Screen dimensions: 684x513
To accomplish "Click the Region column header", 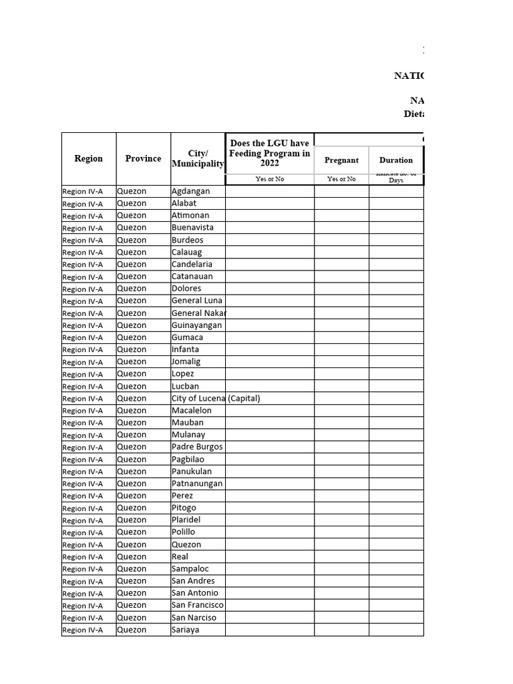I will tap(89, 158).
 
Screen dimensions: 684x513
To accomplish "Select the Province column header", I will tap(143, 158).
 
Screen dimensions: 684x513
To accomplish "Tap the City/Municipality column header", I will tap(198, 158).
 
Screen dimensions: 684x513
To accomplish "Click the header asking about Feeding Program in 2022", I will tap(269, 153).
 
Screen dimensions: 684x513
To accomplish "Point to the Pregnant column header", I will tap(341, 160).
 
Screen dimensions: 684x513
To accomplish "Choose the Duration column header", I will tap(396, 160).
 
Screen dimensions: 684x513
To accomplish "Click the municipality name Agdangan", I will tap(190, 191).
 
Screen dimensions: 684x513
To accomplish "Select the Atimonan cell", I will tap(190, 215).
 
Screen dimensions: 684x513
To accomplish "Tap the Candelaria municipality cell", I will tap(192, 264).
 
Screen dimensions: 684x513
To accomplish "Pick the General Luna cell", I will tap(196, 301).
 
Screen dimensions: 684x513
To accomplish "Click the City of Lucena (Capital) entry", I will tap(215, 398).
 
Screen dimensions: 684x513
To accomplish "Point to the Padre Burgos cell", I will tap(197, 446).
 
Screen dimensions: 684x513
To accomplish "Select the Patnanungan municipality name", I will tap(197, 483).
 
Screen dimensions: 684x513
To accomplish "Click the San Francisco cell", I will tap(197, 605).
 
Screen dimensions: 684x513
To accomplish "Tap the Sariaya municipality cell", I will tap(185, 629).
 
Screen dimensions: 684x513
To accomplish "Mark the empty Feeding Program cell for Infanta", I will tap(269, 349).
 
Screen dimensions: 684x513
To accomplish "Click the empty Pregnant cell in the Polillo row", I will tap(341, 532).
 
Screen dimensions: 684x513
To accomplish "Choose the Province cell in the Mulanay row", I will tap(143, 434).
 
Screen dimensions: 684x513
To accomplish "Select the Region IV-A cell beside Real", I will tap(89, 556).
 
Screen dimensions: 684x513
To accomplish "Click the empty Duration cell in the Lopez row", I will tap(396, 374).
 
